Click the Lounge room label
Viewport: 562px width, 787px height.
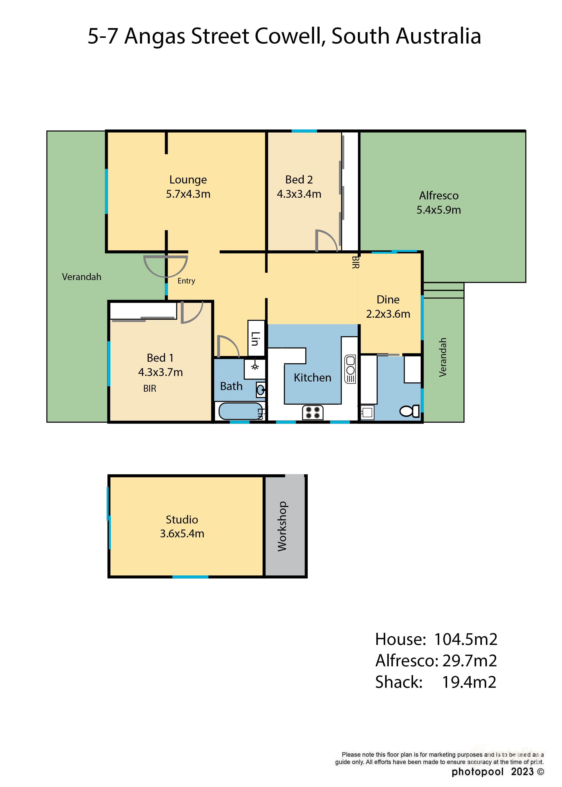pos(188,180)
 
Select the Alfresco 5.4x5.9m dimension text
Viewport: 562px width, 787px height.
pos(439,210)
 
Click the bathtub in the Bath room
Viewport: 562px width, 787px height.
pos(240,411)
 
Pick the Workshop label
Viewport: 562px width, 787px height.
pos(282,526)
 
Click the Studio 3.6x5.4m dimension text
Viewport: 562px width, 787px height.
pos(182,534)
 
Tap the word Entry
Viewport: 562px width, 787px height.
pos(186,281)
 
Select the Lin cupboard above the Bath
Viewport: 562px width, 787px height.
pos(256,338)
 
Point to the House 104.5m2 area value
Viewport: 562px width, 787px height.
pos(465,639)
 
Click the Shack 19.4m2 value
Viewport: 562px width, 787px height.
pos(469,682)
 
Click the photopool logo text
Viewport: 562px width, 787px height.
pos(477,772)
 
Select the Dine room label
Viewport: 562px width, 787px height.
pos(388,299)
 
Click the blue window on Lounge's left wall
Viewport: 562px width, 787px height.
pos(106,191)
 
